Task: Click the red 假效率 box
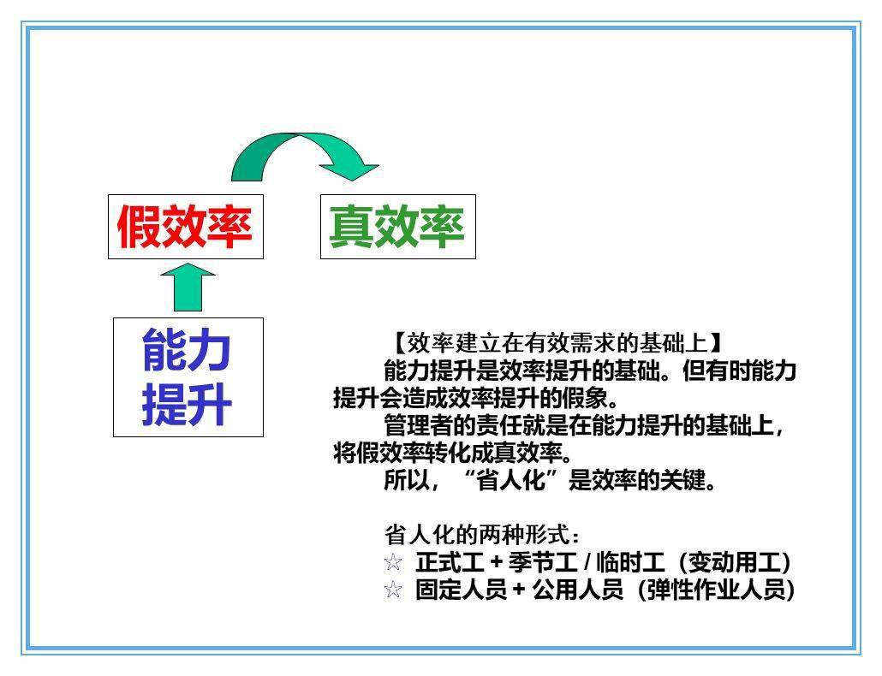pyautogui.click(x=186, y=227)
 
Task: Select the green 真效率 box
pyautogui.click(x=397, y=227)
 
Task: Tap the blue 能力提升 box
pyautogui.click(x=188, y=377)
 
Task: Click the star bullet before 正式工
pyautogui.click(x=393, y=562)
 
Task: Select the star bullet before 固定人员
pyautogui.click(x=393, y=590)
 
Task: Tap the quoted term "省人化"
pyautogui.click(x=510, y=480)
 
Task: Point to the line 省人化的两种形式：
pyautogui.click(x=482, y=535)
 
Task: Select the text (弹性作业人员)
pyautogui.click(x=716, y=590)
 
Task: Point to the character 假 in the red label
pyautogui.click(x=139, y=227)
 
